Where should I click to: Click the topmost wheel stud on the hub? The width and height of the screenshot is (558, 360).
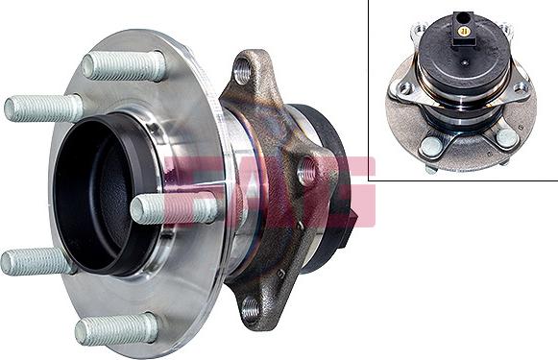click(x=124, y=65)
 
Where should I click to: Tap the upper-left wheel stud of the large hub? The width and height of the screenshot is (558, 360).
click(x=43, y=108)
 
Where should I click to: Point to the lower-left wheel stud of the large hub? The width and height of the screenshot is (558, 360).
click(x=37, y=261)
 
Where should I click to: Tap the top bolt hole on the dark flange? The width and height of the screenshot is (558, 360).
click(x=242, y=70)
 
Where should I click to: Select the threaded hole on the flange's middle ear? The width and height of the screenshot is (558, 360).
click(x=307, y=173)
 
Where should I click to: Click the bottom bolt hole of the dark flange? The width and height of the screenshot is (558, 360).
click(x=251, y=307)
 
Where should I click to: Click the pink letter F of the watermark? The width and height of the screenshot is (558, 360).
click(x=188, y=182)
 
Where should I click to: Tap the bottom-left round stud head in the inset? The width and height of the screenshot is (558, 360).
click(x=431, y=145)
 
